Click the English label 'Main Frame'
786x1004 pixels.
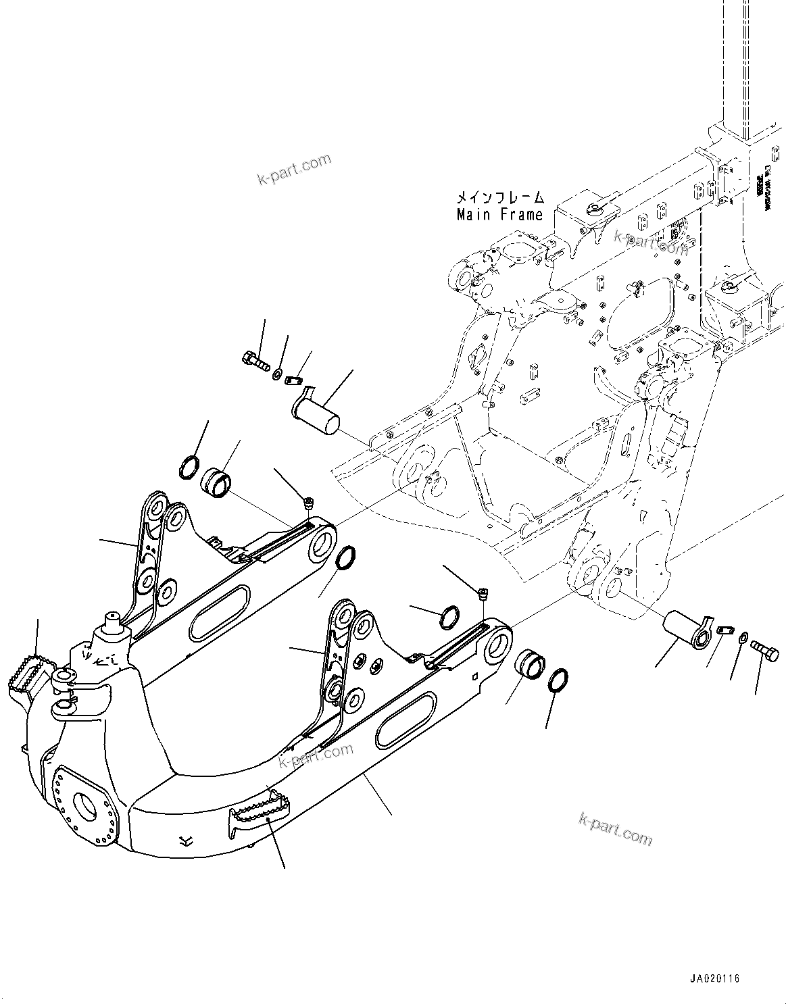(499, 215)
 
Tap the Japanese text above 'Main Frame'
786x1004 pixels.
(499, 198)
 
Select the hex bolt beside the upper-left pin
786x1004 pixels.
(254, 358)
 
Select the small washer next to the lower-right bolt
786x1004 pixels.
(743, 636)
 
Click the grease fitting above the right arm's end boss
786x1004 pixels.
(483, 595)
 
